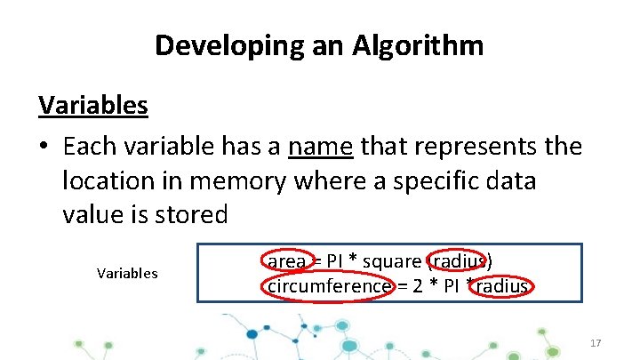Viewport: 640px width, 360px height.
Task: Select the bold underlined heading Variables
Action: tap(93, 106)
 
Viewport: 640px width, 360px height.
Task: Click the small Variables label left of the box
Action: tap(127, 274)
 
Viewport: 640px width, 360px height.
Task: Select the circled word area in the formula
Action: tap(286, 261)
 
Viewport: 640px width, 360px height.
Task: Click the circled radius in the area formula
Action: tap(457, 261)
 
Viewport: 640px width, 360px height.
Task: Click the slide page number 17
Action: tap(596, 343)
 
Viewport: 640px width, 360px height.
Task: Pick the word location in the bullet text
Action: tap(102, 180)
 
